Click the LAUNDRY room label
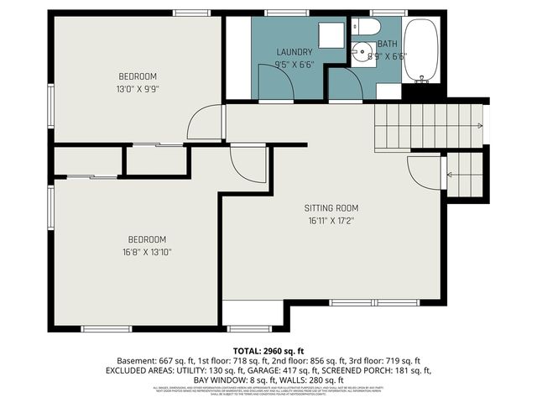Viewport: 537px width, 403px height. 295,52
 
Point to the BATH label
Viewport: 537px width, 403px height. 387,44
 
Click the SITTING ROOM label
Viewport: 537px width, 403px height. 331,208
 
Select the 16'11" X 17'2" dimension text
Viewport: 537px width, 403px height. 331,222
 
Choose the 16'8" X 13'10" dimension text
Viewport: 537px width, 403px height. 147,251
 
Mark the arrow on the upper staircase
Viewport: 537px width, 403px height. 479,126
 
